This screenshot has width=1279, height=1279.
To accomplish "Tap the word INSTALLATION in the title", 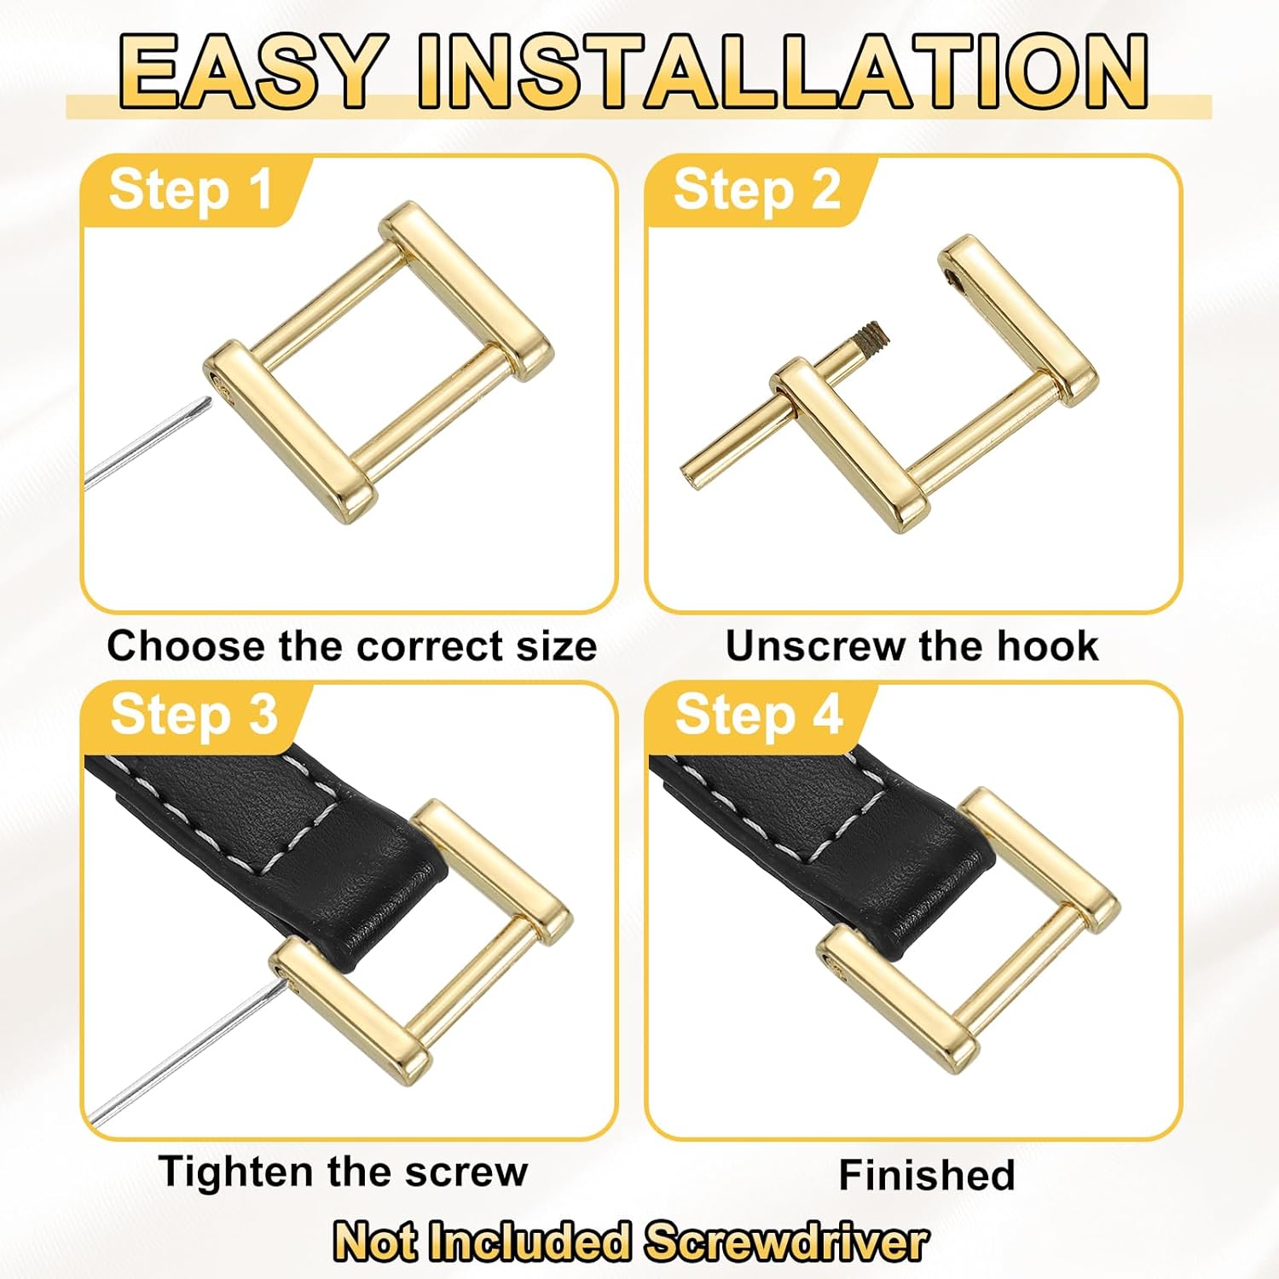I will (782, 72).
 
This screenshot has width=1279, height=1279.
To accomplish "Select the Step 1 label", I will (190, 189).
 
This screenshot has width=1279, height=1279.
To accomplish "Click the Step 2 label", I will (756, 189).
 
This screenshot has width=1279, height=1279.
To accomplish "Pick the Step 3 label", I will (194, 715).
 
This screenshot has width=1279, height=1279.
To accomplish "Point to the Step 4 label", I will (758, 715).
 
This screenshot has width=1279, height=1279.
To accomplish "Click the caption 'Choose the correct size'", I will (351, 646).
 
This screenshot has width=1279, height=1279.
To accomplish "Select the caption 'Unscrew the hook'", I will (912, 646).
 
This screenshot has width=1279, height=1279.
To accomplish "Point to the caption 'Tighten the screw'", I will (343, 1172).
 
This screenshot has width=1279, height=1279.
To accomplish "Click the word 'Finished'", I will (927, 1175).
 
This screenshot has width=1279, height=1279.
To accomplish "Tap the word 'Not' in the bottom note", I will (375, 1241).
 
